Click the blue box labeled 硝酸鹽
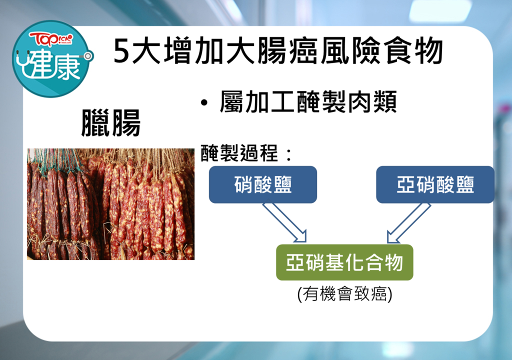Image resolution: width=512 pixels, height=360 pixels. click(263, 184)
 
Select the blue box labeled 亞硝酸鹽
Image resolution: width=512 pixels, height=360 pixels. click(435, 184)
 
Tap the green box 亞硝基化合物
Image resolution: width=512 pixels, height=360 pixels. click(344, 262)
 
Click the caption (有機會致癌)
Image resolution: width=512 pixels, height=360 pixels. click(345, 294)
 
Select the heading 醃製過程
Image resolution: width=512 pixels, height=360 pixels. click(239, 153)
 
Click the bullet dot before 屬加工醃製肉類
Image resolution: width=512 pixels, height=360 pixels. click(204, 103)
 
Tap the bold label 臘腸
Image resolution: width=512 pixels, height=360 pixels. click(111, 123)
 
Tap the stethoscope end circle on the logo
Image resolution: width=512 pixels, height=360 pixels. click(87, 56)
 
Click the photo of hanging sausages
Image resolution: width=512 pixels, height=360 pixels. click(110, 204)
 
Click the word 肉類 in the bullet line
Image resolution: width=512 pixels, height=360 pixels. click(372, 101)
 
